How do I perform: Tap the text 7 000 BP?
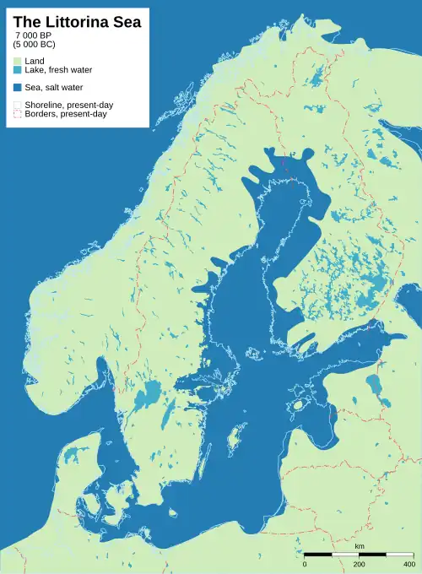(34, 35)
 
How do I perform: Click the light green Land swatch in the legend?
(18, 62)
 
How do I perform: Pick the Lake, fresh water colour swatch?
(18, 71)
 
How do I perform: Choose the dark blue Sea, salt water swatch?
(18, 88)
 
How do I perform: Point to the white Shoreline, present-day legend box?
(18, 105)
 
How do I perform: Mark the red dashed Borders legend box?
(18, 114)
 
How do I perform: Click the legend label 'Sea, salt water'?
(56, 88)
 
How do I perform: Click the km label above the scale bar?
(360, 547)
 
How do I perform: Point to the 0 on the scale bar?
(305, 564)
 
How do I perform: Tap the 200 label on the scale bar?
(360, 564)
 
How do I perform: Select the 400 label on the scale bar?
(410, 564)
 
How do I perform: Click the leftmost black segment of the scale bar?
(317, 555)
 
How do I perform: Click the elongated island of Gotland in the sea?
(233, 437)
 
